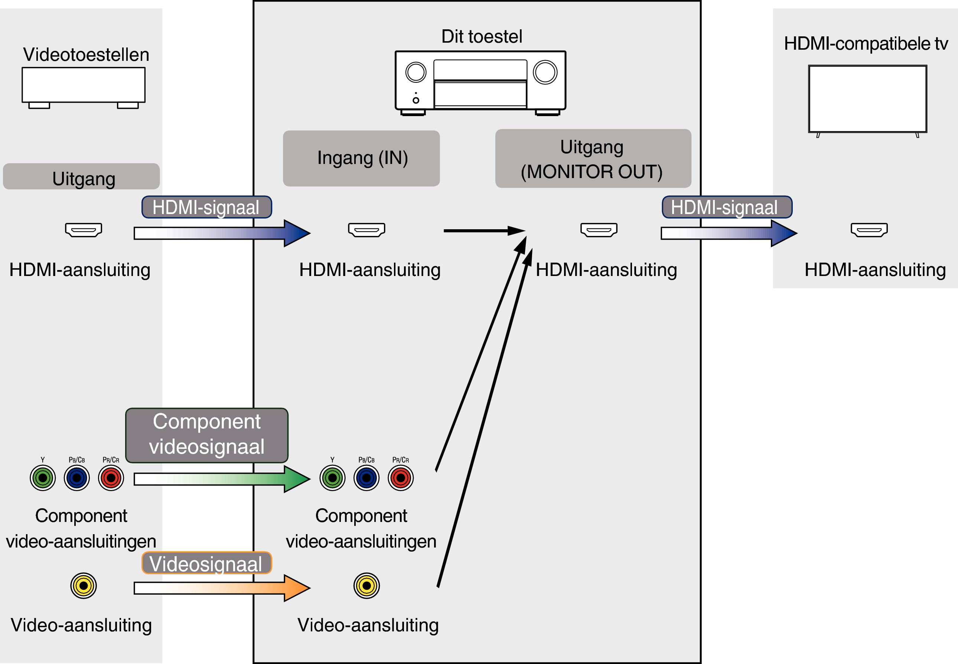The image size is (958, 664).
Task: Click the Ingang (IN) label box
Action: coord(361,158)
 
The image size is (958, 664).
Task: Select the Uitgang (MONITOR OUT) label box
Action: coord(593,158)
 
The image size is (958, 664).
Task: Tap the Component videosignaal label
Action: coord(206,435)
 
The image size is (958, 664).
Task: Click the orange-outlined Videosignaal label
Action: coord(206,563)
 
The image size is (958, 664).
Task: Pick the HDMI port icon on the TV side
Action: coord(869,230)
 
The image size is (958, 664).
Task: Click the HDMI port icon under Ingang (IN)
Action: coord(366,230)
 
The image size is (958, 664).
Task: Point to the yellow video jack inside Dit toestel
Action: coord(366,586)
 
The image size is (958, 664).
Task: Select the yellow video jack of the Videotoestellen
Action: coord(83,586)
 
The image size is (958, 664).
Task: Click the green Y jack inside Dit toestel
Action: coord(332,478)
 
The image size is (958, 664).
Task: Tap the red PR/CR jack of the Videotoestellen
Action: coord(111,478)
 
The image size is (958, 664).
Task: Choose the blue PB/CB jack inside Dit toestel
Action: coord(366,478)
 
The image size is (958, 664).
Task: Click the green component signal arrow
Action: coord(221,479)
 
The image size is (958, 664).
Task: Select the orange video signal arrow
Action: coord(221,588)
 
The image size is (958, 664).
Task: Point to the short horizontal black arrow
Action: coord(483,230)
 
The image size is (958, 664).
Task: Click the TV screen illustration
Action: coord(867,99)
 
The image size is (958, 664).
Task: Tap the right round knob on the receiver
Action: coord(545,72)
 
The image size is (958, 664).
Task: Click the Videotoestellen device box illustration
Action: coord(83,85)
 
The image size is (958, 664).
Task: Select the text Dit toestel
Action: coord(481,37)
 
